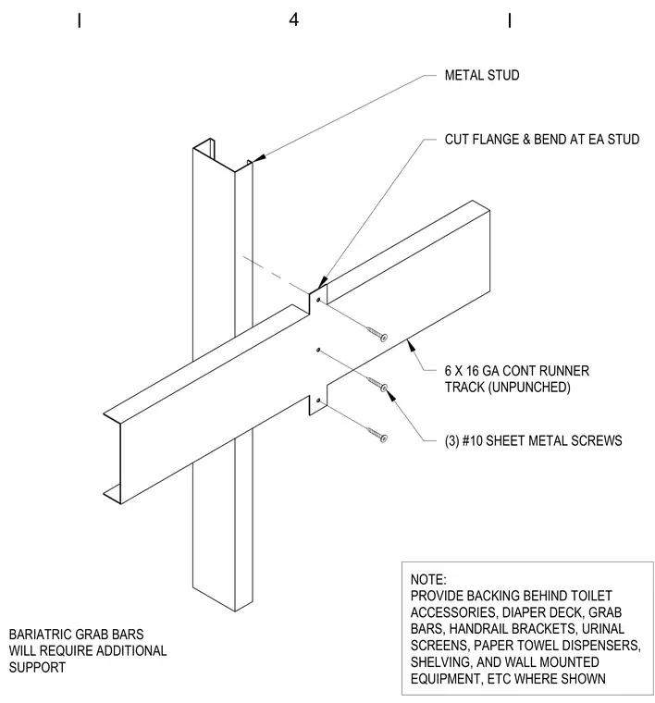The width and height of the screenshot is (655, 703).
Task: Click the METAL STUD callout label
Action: [x=482, y=75]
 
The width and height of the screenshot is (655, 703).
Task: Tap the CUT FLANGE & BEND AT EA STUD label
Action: [x=542, y=140]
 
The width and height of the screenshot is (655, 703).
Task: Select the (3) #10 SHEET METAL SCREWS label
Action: [x=533, y=440]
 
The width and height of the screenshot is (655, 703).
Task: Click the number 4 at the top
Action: [x=293, y=19]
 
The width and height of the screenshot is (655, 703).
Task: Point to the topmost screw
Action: [x=377, y=334]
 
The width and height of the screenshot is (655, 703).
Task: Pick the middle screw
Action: [x=377, y=384]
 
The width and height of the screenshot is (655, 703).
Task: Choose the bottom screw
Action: [x=377, y=435]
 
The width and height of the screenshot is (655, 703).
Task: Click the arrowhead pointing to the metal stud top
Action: [x=260, y=158]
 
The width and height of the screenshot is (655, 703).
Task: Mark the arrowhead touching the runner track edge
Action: [x=410, y=346]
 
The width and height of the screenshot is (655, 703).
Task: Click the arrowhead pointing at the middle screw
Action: [x=390, y=395]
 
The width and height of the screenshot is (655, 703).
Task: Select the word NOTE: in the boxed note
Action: [x=428, y=580]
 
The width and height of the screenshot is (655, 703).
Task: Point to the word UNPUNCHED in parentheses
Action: [x=530, y=387]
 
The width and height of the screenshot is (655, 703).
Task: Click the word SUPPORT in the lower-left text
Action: [x=37, y=668]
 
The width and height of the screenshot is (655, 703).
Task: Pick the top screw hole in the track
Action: [x=318, y=300]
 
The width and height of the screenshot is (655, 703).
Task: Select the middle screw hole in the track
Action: [x=318, y=350]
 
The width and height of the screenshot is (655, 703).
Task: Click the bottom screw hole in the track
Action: [x=318, y=401]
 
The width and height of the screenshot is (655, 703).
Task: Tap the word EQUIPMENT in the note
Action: [x=445, y=679]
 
